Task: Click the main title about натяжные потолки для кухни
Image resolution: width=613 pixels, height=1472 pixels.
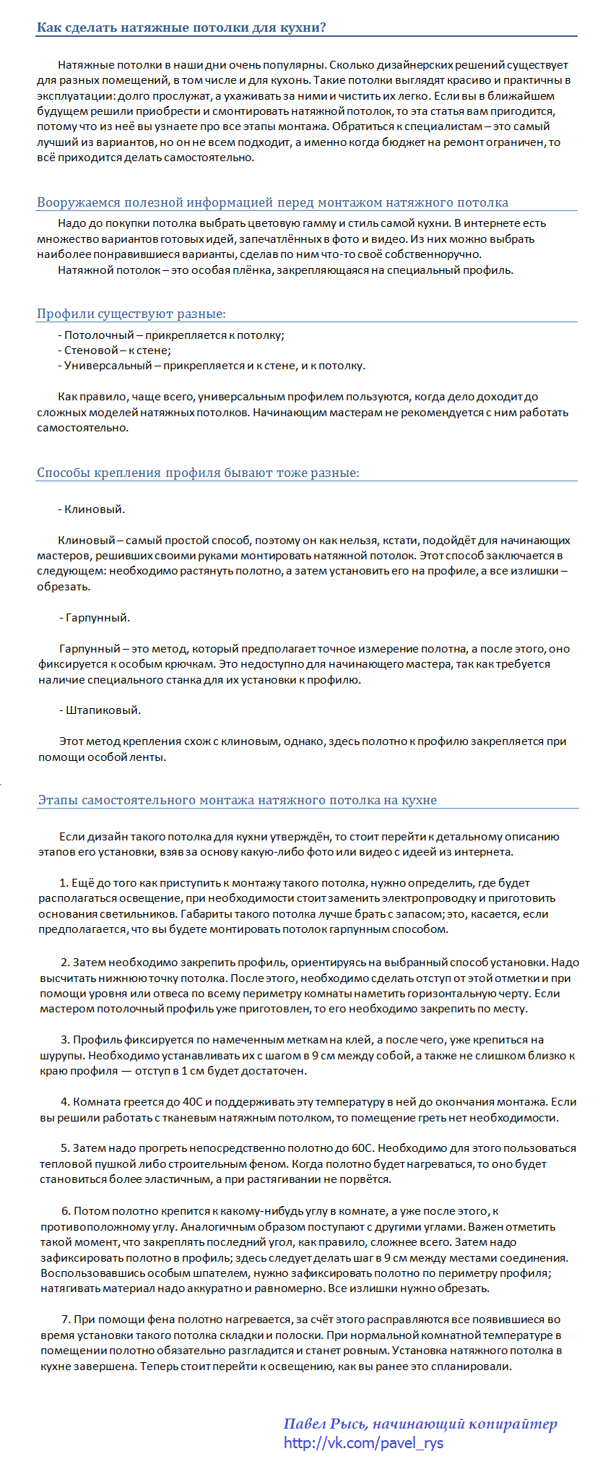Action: coord(181,28)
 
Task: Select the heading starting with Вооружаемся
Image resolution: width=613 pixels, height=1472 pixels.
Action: coord(272,202)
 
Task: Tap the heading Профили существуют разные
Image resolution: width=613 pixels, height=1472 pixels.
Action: coord(131,314)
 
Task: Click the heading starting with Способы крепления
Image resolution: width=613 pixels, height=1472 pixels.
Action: coord(198,473)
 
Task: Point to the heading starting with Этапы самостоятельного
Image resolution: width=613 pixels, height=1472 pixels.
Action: coord(237,800)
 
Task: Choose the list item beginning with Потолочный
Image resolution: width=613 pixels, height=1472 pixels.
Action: coord(171,335)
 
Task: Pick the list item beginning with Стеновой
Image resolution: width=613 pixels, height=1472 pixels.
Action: coord(114,350)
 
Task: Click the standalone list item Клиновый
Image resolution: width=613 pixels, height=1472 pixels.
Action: coord(92,509)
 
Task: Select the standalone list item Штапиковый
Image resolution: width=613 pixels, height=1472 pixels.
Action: coord(100,710)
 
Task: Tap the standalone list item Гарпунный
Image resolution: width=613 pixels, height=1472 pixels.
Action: coord(95,618)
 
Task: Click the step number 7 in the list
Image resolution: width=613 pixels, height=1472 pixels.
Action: coord(66,1320)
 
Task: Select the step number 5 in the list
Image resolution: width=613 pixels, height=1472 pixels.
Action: coord(65,1148)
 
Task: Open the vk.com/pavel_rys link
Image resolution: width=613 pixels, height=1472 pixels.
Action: coord(363,1443)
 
